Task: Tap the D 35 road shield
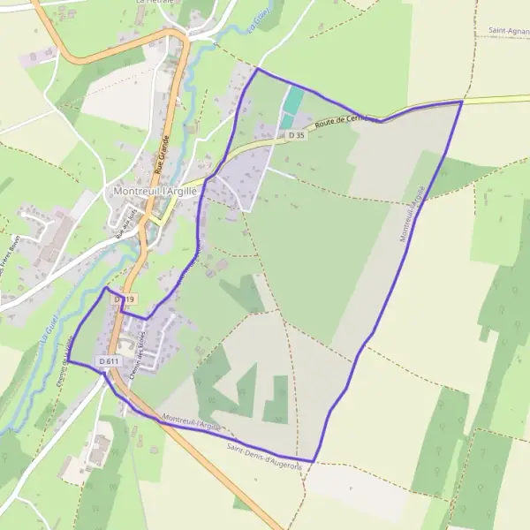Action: click(x=296, y=135)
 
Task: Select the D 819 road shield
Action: click(x=125, y=300)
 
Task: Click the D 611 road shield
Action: click(x=109, y=361)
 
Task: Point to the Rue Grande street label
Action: click(x=162, y=151)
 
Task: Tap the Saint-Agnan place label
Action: click(x=509, y=31)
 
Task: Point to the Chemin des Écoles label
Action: click(x=136, y=360)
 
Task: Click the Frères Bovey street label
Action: click(x=14, y=256)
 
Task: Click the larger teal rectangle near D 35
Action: click(x=291, y=102)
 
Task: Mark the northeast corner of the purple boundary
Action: click(x=462, y=102)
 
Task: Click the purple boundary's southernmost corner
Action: click(x=314, y=461)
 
